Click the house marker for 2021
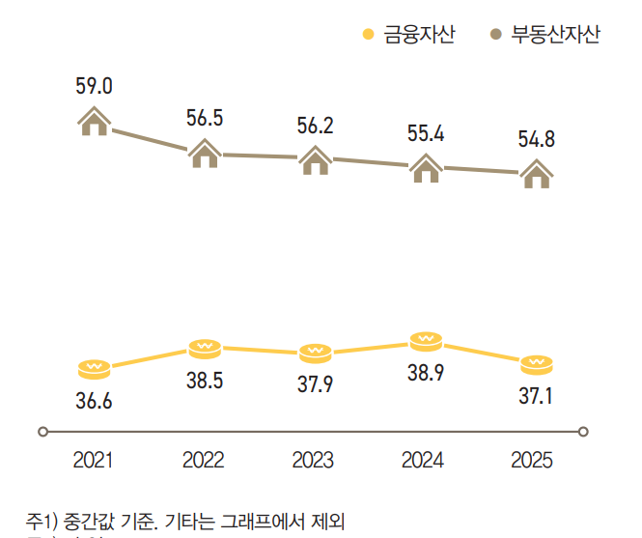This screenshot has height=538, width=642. (95, 122)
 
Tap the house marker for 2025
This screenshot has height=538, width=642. (536, 174)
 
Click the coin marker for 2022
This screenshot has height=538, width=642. (205, 347)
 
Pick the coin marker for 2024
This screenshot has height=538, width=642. (426, 340)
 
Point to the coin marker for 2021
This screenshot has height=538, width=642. (95, 368)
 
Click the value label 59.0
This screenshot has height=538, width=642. (95, 86)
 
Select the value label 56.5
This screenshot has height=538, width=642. (205, 118)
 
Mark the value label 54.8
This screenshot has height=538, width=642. (536, 139)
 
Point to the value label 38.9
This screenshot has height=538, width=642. (426, 373)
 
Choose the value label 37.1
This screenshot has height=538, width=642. (536, 396)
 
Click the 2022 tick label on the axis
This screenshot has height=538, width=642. (205, 460)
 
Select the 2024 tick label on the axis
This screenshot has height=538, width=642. (426, 460)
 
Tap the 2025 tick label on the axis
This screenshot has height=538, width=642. (536, 460)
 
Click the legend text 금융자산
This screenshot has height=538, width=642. (420, 35)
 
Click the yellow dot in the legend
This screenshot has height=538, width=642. (368, 36)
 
